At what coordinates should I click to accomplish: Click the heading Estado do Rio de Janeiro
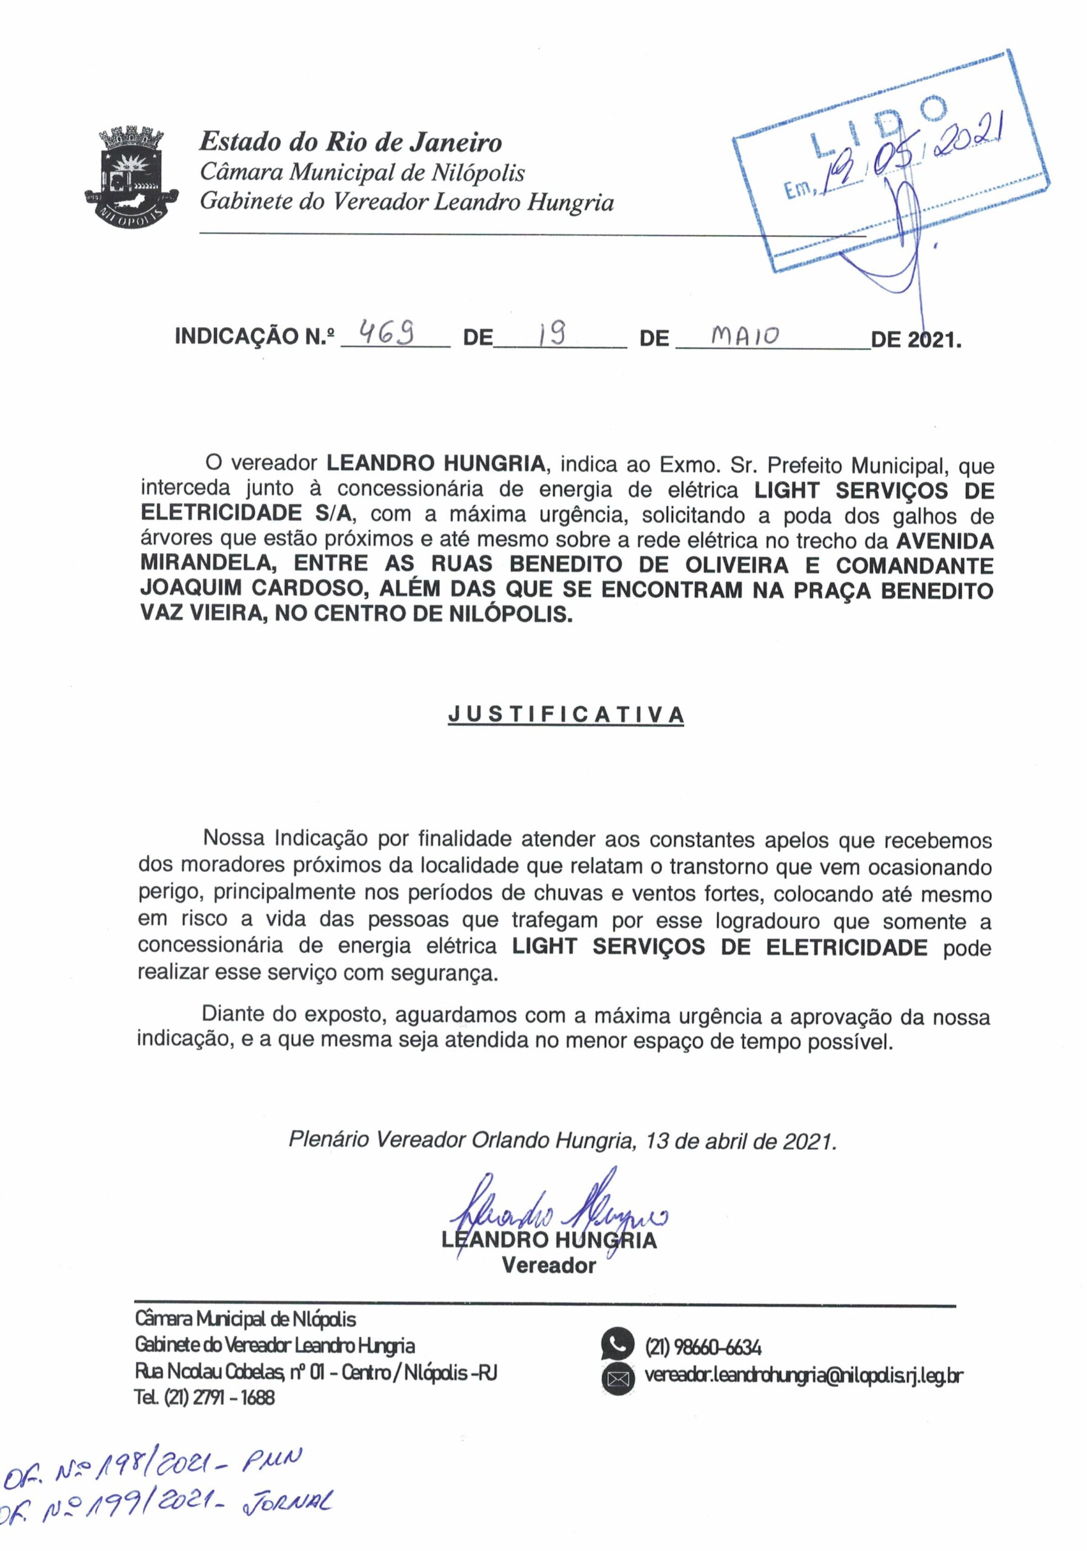click(350, 142)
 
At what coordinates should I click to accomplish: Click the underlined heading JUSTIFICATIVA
click(565, 715)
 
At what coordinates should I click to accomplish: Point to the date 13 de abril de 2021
click(740, 1141)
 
